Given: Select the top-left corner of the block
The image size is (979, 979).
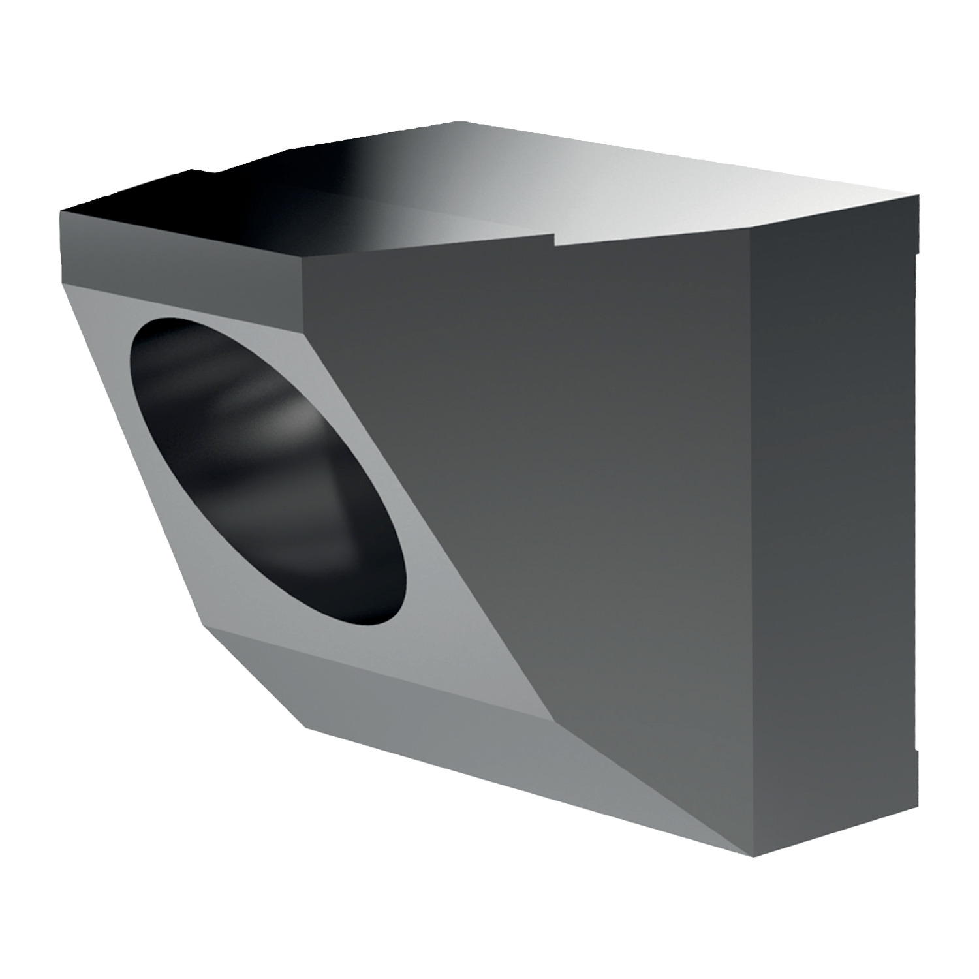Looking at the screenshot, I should (60, 211).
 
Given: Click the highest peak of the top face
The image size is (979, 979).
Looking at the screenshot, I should (460, 122).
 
